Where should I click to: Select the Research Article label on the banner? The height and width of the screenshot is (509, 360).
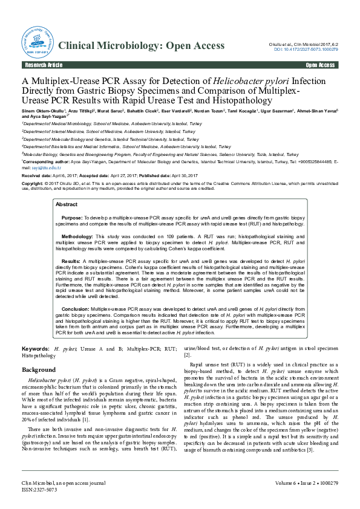click(43, 65)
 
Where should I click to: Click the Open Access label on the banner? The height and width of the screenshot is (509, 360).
click(320, 65)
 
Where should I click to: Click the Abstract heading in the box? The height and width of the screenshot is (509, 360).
click(67, 205)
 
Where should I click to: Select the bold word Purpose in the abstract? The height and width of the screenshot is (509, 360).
click(72, 216)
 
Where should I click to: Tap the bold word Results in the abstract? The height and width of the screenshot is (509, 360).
click(72, 258)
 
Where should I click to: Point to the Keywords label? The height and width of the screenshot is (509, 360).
click(35, 349)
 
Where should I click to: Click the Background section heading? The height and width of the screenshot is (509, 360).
click(39, 369)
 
